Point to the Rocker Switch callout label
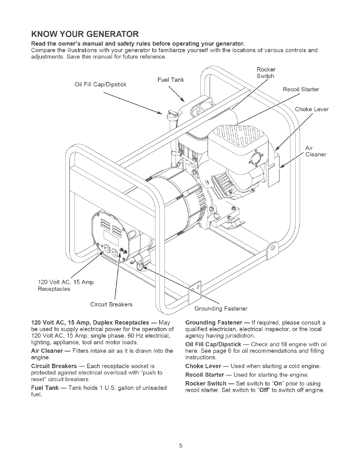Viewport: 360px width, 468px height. point(266,73)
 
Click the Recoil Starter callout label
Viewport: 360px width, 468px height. point(301,89)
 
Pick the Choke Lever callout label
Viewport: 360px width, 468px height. point(312,109)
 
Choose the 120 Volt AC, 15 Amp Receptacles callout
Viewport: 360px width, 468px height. point(66,285)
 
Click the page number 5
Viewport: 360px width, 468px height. point(180,446)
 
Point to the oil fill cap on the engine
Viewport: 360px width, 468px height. point(171,113)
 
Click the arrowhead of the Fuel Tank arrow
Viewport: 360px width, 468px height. point(182,100)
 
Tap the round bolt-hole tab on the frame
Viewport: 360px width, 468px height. point(273,248)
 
